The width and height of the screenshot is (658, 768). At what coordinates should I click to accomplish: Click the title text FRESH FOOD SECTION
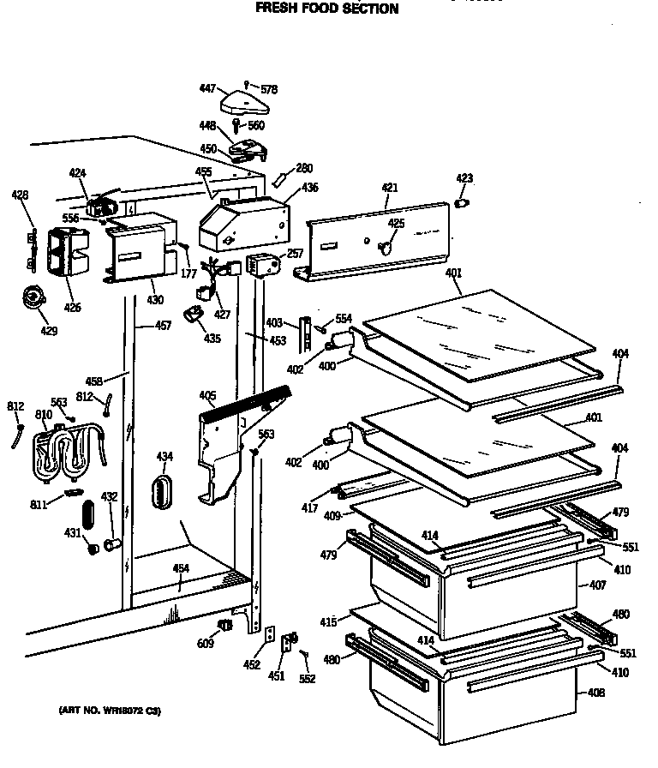click(x=328, y=9)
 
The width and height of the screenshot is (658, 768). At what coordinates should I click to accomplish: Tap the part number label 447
click(x=206, y=89)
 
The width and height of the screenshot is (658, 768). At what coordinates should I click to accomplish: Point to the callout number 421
click(x=390, y=188)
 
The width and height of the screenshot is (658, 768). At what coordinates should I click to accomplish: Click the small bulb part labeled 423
click(x=464, y=204)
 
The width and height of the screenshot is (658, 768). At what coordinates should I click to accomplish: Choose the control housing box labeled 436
click(x=242, y=221)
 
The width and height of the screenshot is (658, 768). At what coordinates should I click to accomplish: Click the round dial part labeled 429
click(x=34, y=298)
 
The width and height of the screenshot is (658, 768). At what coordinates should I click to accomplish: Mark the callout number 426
click(x=73, y=307)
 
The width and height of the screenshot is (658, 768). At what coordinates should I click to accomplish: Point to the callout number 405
click(x=206, y=395)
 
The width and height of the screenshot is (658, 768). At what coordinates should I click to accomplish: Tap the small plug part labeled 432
click(x=110, y=544)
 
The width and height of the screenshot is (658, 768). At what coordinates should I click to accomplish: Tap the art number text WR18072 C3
click(x=109, y=711)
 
